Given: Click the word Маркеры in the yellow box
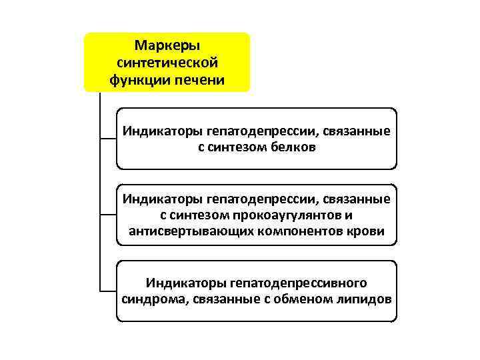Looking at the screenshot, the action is [167, 45].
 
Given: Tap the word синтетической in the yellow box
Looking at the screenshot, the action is [167, 63].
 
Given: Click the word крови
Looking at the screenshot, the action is [367, 231].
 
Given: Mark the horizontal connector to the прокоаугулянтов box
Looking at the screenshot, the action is [107, 215].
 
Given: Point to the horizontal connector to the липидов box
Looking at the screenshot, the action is [107, 291].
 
